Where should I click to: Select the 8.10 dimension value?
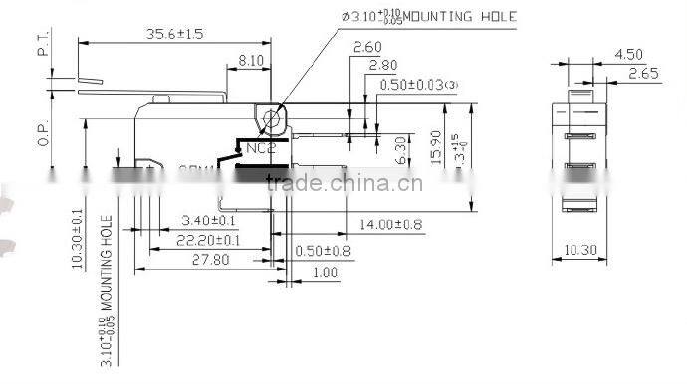pos(250,60)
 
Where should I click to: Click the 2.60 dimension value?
pos(367,47)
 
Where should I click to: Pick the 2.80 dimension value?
pos(383,66)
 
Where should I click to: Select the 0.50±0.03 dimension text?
pos(417,85)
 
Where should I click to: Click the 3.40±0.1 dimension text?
pos(209,221)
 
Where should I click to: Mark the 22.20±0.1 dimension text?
pos(208,240)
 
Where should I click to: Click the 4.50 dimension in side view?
pos(628,54)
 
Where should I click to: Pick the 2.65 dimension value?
pos(641,73)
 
